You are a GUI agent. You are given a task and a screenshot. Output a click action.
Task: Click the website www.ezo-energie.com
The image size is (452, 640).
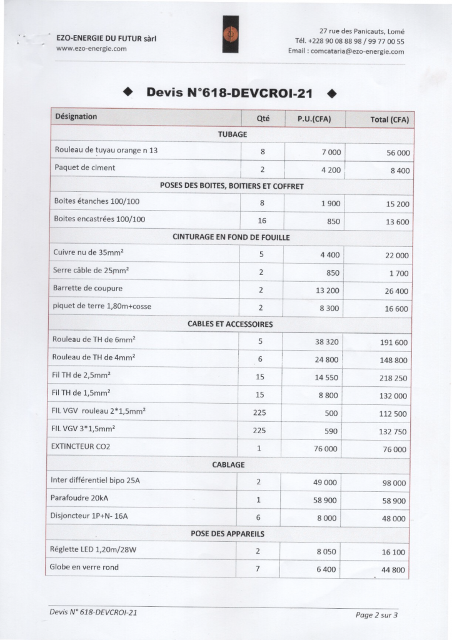point(91,49)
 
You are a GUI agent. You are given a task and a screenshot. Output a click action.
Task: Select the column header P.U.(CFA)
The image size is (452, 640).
point(314,118)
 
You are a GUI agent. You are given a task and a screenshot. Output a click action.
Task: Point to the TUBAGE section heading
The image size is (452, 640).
point(233,134)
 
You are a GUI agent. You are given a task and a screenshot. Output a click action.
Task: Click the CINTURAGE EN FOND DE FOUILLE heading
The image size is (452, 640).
point(231,237)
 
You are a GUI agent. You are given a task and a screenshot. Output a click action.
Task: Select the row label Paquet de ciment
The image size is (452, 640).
point(85,168)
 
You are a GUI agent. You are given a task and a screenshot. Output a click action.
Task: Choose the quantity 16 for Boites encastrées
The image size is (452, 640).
point(262,221)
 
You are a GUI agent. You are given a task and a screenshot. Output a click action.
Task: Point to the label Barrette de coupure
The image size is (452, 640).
point(88,289)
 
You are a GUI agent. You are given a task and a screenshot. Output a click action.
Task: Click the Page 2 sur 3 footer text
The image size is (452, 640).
point(376,615)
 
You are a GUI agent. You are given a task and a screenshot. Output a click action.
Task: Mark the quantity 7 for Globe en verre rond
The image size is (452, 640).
point(258,569)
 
